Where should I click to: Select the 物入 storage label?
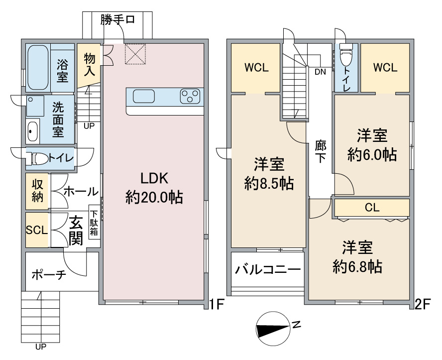(x=90, y=65)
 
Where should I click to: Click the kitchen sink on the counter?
(x=145, y=96)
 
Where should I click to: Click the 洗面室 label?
(x=59, y=119)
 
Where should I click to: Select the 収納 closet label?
(x=38, y=190)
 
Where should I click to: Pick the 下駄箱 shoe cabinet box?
(x=94, y=222)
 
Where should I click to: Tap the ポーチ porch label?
(x=49, y=274)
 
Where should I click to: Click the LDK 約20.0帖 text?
(x=154, y=188)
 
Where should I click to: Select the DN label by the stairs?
(x=320, y=71)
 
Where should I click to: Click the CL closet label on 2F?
(x=372, y=207)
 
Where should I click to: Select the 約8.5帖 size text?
(x=269, y=184)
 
